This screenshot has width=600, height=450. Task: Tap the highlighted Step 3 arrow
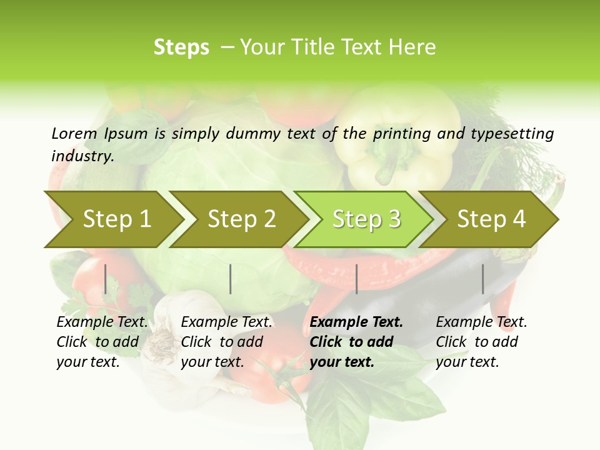365,219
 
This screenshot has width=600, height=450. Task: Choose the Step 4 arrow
491,219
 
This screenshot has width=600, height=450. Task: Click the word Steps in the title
181,47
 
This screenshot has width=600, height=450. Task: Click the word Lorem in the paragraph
74,133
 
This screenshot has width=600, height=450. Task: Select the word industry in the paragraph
82,156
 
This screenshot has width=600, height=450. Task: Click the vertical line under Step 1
106,279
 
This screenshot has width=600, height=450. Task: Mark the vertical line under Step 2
231,279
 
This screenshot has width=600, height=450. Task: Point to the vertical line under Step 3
356,279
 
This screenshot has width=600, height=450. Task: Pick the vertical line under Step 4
482,279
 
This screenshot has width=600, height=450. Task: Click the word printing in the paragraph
401,134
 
